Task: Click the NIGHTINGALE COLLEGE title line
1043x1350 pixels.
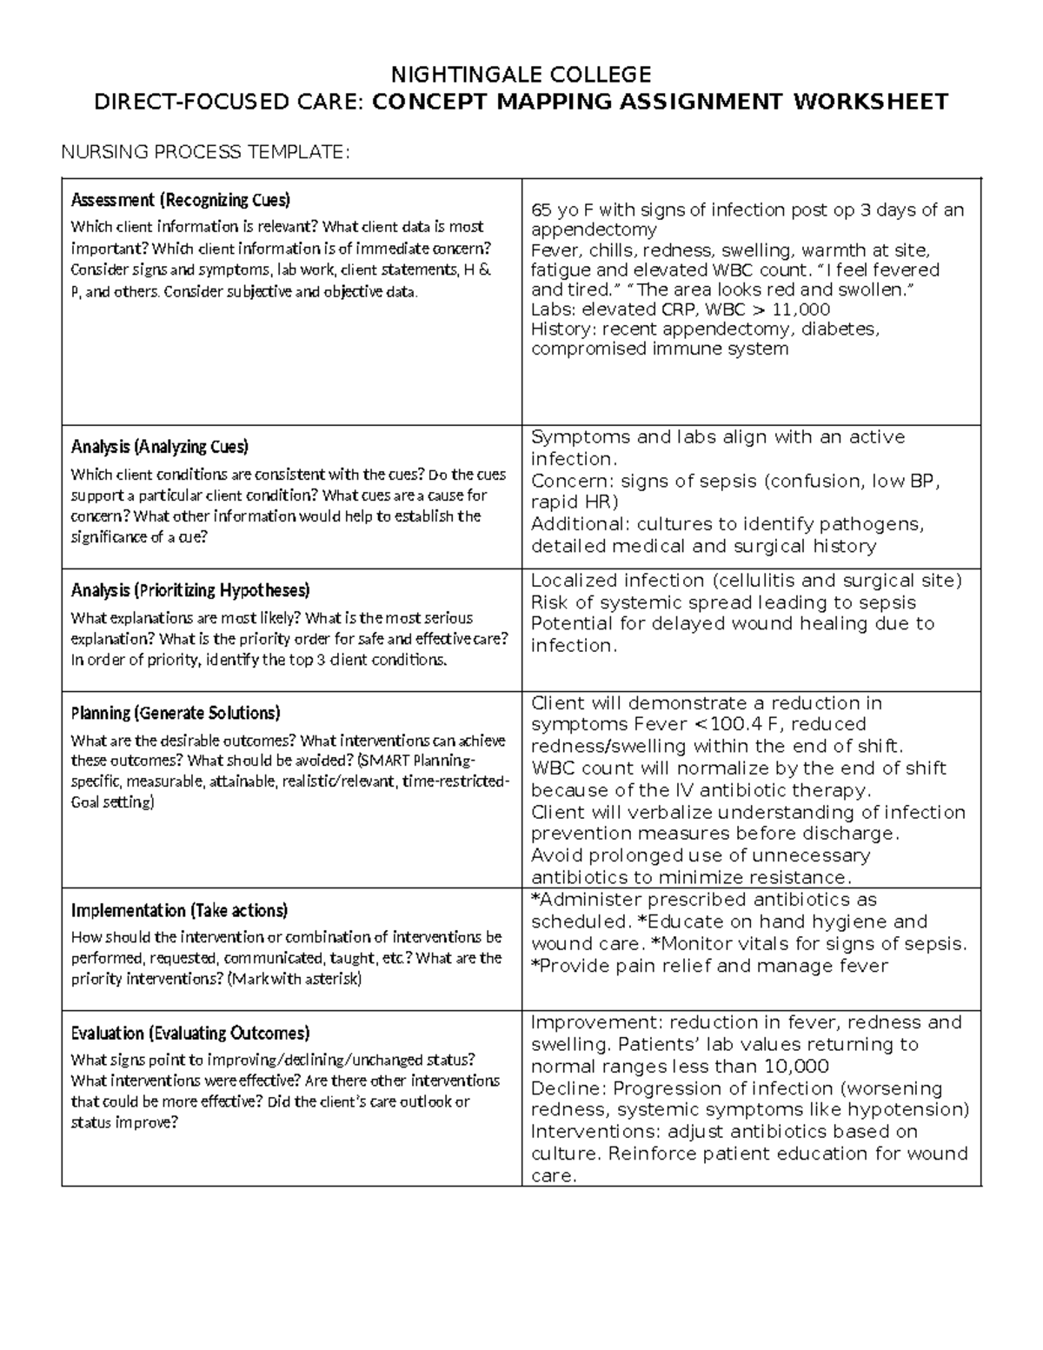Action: click(x=521, y=73)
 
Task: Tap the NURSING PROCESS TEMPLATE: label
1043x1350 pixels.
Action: click(x=204, y=153)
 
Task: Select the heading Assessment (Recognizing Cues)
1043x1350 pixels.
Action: click(x=180, y=200)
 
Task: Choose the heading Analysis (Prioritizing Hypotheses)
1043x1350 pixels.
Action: click(x=189, y=590)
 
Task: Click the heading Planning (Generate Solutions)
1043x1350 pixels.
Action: click(x=176, y=713)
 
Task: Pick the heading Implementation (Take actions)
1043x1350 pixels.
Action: click(x=179, y=910)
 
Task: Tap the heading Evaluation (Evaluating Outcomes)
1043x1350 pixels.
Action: click(x=189, y=1033)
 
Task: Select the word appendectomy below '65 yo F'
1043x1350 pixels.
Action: click(x=594, y=229)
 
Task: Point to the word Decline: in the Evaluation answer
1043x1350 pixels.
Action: click(x=569, y=1088)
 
